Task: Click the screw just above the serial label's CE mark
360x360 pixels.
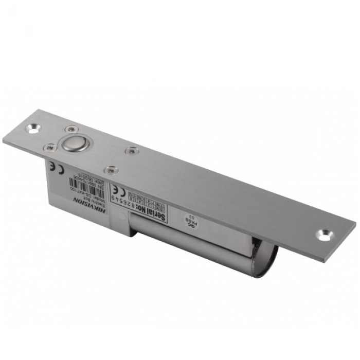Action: [111, 169]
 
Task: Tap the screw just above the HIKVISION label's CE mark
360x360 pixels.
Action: [50, 148]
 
